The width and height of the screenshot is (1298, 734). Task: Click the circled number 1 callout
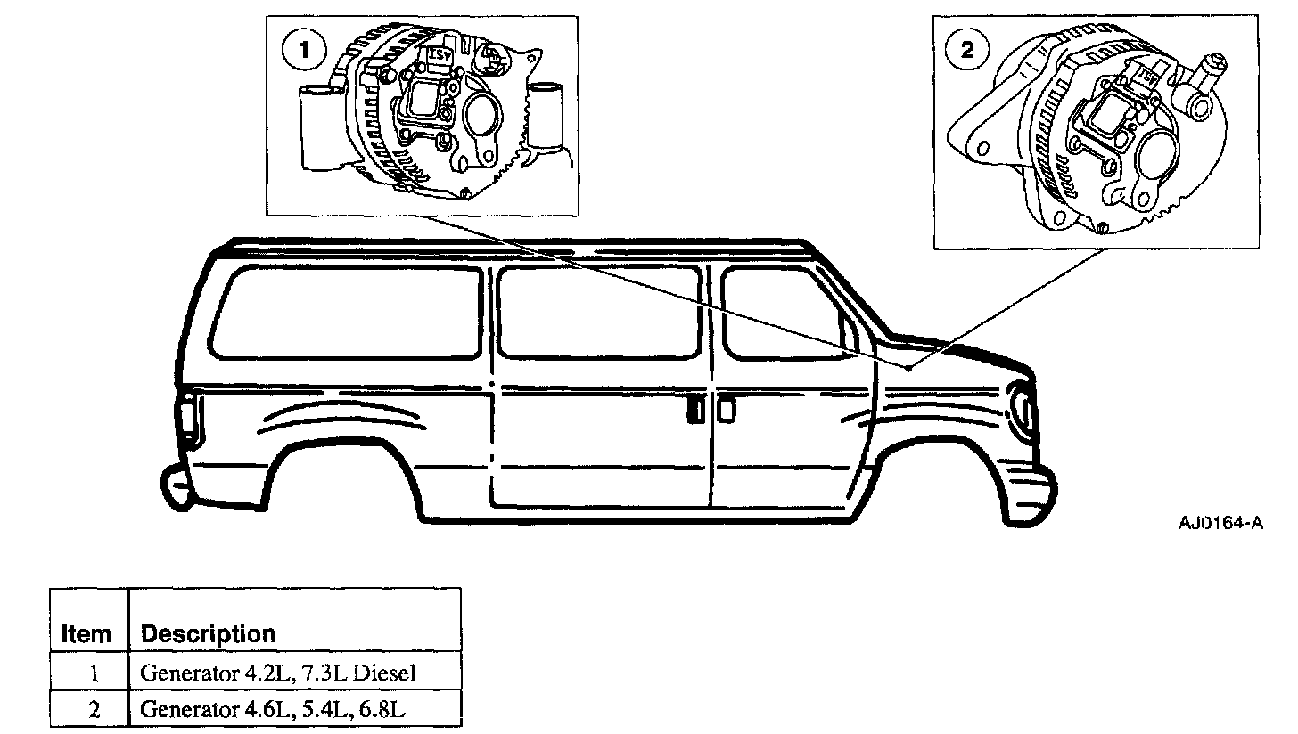point(304,51)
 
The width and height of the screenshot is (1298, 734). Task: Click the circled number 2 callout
point(967,50)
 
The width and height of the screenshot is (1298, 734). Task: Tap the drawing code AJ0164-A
point(1221,523)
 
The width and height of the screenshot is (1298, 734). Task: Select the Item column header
point(86,634)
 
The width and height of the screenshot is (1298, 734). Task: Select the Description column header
point(208,634)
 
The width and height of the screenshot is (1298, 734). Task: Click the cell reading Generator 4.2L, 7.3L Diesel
point(278,673)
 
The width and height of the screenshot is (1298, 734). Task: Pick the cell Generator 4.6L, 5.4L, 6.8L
point(273,709)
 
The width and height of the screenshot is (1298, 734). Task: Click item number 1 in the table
point(94,673)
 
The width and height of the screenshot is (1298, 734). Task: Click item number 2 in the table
point(94,710)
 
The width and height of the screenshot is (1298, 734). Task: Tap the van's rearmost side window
point(346,314)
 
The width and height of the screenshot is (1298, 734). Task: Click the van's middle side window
point(599,312)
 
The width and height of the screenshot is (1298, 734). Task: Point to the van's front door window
point(788,314)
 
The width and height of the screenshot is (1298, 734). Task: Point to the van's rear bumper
point(174,487)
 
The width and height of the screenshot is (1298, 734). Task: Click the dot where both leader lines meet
point(908,368)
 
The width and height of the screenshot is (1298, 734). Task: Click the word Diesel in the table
point(385,673)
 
